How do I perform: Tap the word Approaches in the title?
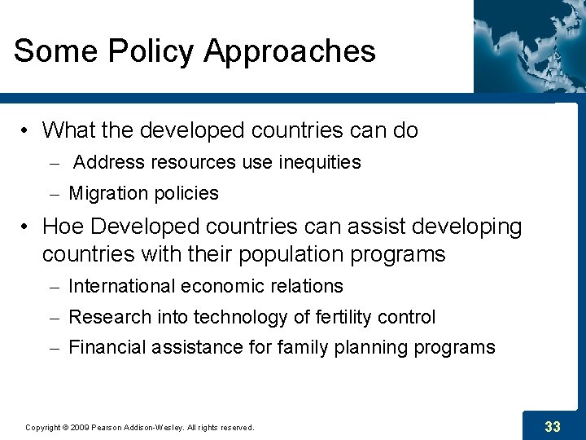pyautogui.click(x=290, y=51)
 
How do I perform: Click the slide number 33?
pyautogui.click(x=553, y=426)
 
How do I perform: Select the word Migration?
pyautogui.click(x=103, y=194)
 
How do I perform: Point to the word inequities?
pyautogui.click(x=320, y=162)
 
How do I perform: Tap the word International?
pyautogui.click(x=122, y=286)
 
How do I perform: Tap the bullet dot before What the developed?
pyautogui.click(x=26, y=130)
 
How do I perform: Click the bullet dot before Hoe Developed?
pyautogui.click(x=26, y=226)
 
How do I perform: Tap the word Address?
pyautogui.click(x=107, y=162)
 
